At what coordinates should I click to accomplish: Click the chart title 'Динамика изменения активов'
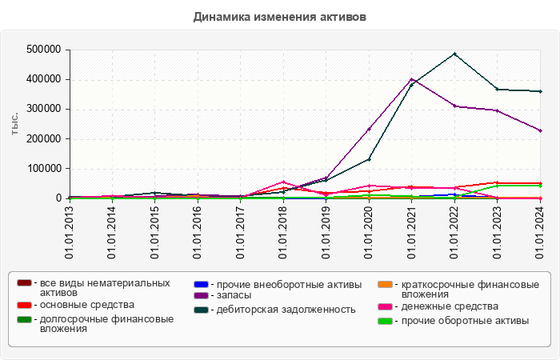click(279, 17)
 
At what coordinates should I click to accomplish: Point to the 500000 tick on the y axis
click(45, 50)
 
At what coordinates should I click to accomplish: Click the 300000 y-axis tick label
click(45, 109)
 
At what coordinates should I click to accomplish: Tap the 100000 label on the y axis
click(45, 169)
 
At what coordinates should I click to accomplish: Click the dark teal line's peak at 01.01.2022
click(454, 54)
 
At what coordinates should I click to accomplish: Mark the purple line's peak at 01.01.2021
click(411, 79)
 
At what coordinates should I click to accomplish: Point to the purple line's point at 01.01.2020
click(369, 129)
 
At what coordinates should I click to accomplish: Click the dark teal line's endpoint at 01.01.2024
click(540, 91)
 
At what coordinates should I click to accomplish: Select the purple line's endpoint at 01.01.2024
click(540, 130)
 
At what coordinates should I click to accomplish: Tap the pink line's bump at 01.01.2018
click(283, 182)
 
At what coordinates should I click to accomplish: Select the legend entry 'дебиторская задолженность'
click(281, 309)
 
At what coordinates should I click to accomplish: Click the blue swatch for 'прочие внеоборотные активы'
click(202, 284)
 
